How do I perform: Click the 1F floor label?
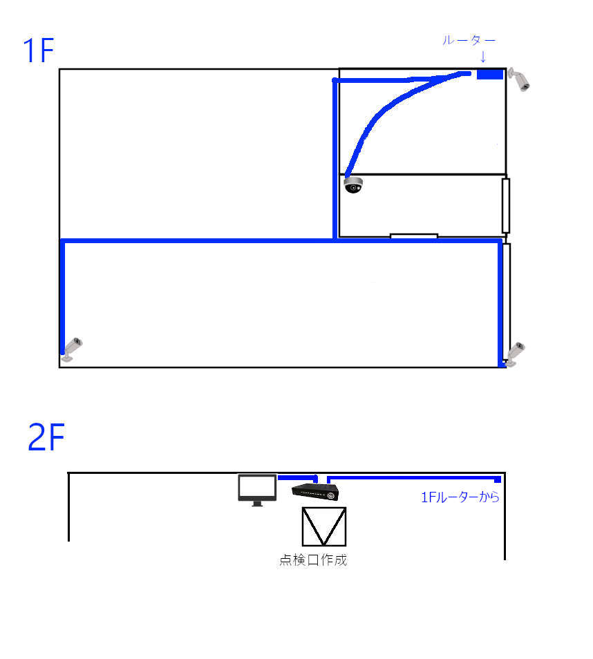[38, 50]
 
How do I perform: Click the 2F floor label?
[46, 437]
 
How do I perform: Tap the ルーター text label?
[469, 40]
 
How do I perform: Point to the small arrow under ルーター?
[483, 57]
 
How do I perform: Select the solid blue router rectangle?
[490, 75]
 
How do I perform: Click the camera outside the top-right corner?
[519, 79]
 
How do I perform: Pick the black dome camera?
[353, 185]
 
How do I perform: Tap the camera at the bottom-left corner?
[71, 349]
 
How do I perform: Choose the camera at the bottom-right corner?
[515, 354]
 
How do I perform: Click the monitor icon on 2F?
[257, 490]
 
